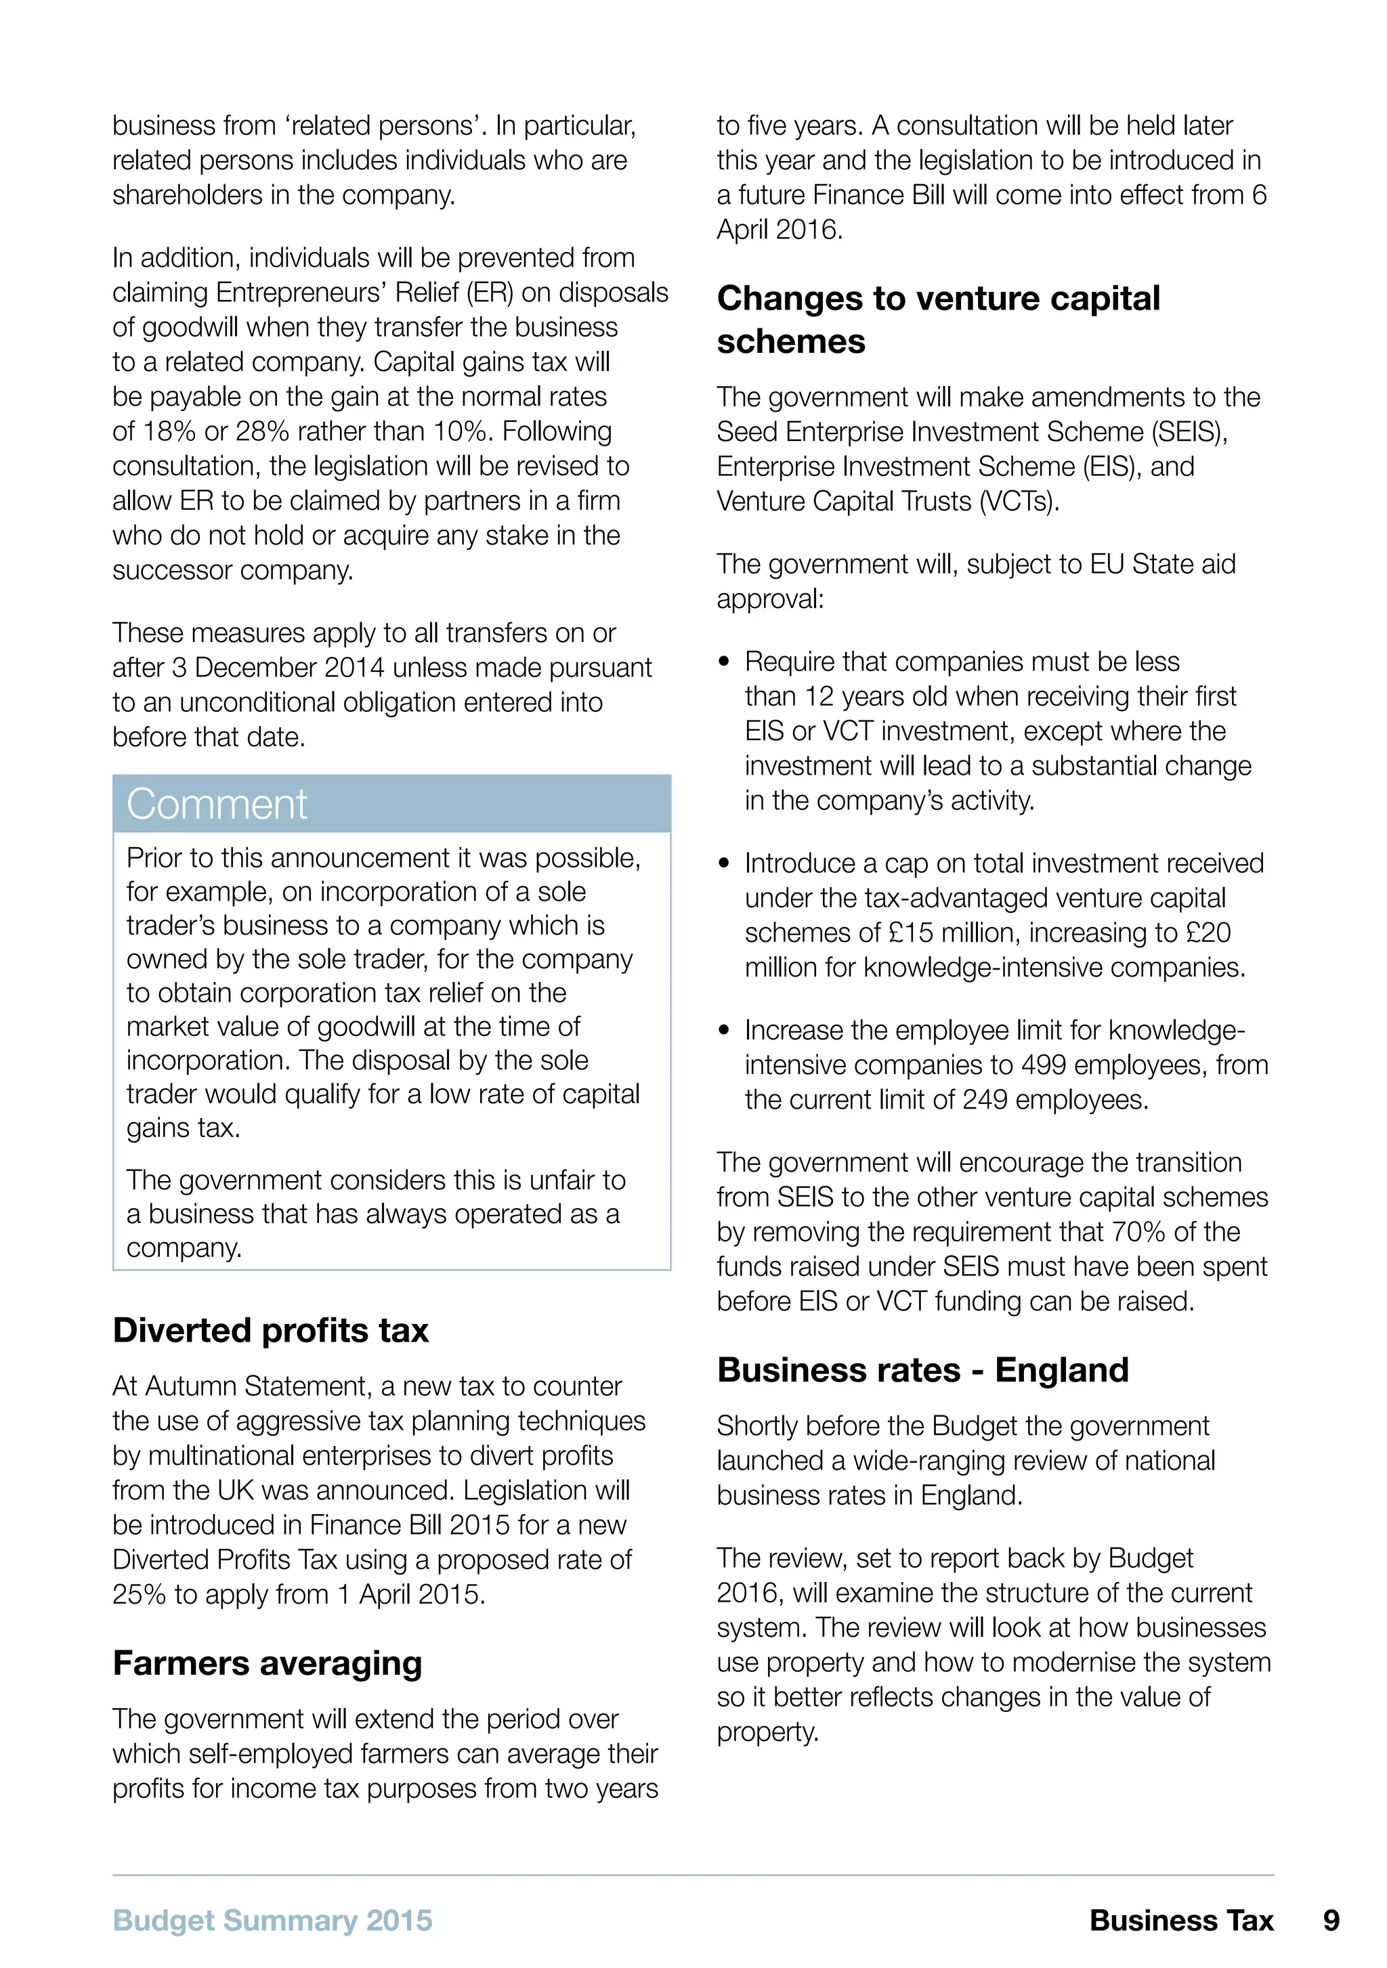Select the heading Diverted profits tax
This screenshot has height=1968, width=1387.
point(270,1330)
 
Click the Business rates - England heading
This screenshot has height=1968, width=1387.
point(922,1370)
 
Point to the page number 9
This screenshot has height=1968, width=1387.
point(1330,1920)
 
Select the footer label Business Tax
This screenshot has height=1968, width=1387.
point(1180,1920)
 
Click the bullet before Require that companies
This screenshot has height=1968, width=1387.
point(725,662)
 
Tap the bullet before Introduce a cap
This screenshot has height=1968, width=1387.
point(725,863)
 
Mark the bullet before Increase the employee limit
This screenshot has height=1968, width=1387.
point(725,1030)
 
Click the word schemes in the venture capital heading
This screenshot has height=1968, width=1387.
point(790,341)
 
